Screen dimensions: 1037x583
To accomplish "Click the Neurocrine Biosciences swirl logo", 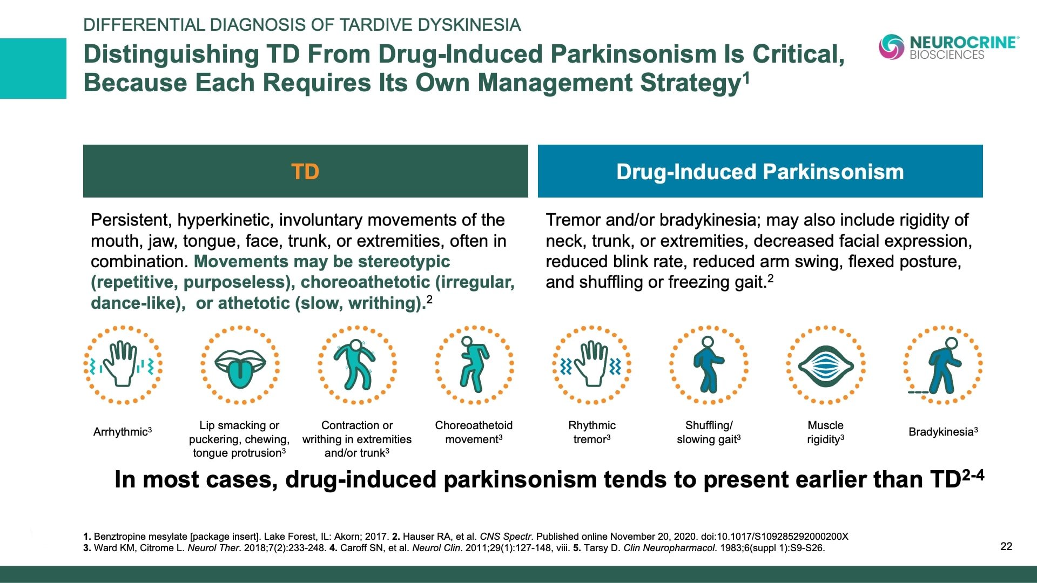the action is click(x=891, y=46).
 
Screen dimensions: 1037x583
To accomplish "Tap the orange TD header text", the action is click(x=305, y=172).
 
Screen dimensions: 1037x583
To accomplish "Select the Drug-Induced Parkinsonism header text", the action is click(x=760, y=172).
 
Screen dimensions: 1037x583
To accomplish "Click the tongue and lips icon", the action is click(x=240, y=365).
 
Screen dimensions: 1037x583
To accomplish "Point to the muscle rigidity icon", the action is click(x=825, y=365).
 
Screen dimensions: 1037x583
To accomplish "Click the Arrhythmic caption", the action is click(x=123, y=432).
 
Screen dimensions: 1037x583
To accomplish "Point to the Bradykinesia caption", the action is click(x=943, y=432).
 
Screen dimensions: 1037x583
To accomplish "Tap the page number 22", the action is click(x=1006, y=546).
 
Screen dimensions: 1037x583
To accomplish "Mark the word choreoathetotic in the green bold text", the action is click(x=366, y=282).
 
